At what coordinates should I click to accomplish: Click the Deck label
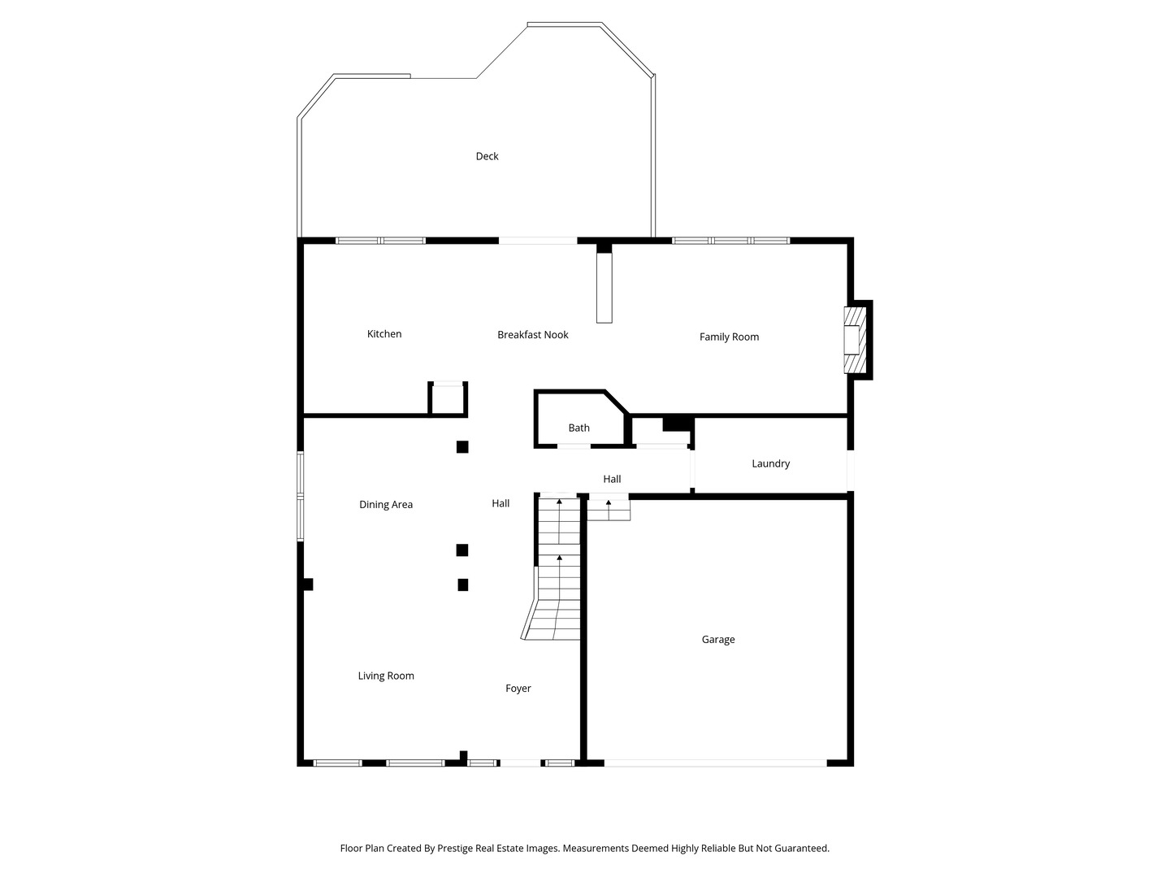487,156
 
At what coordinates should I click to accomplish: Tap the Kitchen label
383,334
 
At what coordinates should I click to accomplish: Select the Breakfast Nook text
532,335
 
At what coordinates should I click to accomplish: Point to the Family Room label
729,337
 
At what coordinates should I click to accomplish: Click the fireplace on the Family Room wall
856,340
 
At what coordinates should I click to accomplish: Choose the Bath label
578,428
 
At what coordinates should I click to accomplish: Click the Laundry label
770,463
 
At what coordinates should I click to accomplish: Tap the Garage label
718,639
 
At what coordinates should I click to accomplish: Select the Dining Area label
385,505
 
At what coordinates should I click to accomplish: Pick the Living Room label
385,676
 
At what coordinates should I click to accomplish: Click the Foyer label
518,689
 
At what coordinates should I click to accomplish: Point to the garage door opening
715,763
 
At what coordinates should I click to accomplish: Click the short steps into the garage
609,509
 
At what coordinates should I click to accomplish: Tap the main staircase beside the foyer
554,568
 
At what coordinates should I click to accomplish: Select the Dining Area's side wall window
300,496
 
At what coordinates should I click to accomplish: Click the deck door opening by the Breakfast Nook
537,241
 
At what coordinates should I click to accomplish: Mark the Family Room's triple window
730,241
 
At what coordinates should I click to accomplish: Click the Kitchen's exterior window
380,241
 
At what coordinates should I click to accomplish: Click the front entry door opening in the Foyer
520,763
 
